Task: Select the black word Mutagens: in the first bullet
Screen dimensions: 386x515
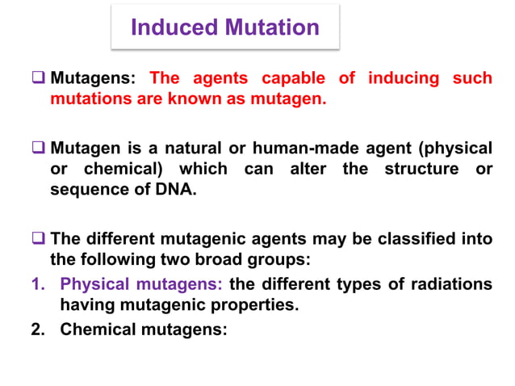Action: pyautogui.click(x=95, y=79)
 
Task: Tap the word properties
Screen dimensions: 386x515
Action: pyautogui.click(x=253, y=304)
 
